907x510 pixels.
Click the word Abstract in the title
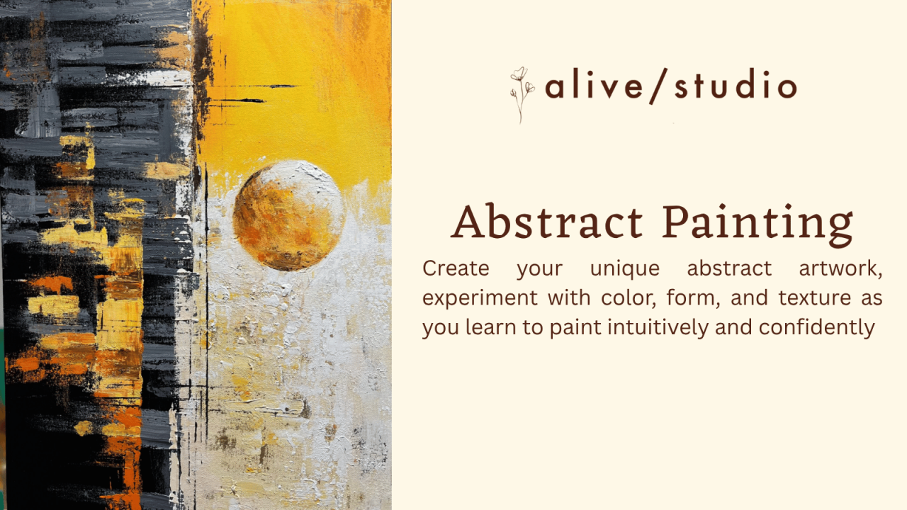[547, 222]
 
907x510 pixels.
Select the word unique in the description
[624, 268]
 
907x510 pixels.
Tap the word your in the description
[539, 270]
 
